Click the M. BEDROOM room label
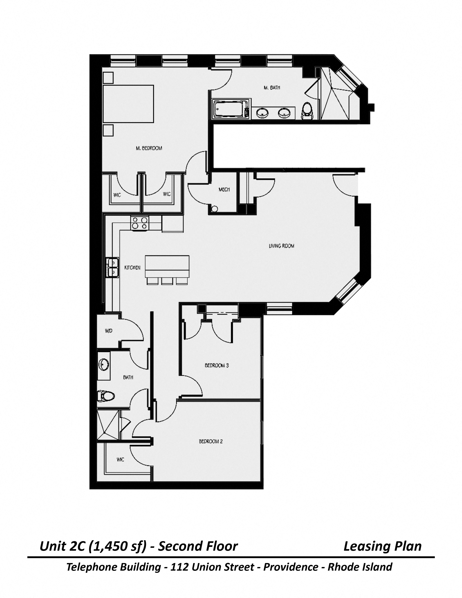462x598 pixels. pos(149,148)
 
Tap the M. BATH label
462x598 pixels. pos(272,88)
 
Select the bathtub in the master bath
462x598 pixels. pos(231,109)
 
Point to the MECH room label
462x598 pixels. pos(224,190)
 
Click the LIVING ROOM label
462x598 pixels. pos(281,246)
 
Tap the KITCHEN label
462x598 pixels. pos(132,267)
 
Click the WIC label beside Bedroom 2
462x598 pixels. pos(120,459)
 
